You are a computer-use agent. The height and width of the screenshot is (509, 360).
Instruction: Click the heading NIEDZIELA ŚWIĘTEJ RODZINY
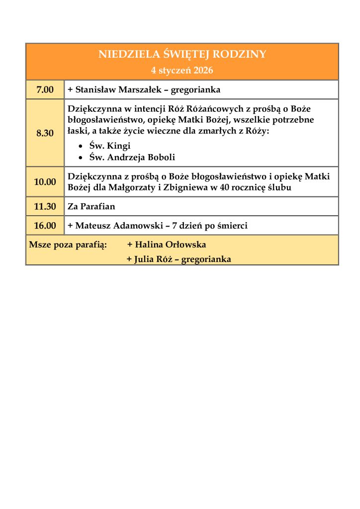(x=182, y=54)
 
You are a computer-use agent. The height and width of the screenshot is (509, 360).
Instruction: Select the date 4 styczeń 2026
(x=182, y=71)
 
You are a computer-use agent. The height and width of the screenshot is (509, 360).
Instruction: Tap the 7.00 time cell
(x=45, y=90)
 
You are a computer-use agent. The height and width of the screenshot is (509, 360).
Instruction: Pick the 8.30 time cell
(x=45, y=133)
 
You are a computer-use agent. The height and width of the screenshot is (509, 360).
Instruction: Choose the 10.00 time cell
(x=45, y=182)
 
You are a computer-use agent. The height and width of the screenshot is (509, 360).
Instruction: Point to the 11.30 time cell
(x=45, y=206)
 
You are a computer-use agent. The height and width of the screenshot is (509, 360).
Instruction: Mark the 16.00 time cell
(x=45, y=226)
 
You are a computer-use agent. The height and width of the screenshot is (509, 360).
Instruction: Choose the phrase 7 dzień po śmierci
(x=210, y=226)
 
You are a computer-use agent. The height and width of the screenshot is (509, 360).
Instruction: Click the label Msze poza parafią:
(x=68, y=245)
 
